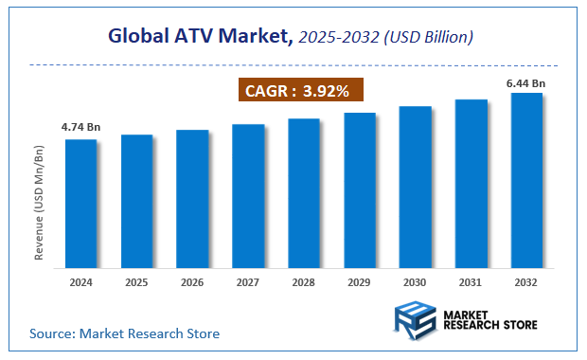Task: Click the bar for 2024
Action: coord(80,203)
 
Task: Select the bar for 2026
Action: coord(192,198)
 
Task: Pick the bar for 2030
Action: coord(415,187)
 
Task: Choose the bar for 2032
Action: coord(526,180)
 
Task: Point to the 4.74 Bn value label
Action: coord(80,125)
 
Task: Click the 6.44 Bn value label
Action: coord(526,83)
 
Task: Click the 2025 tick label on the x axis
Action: coord(136,282)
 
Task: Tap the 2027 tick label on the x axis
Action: coord(248,282)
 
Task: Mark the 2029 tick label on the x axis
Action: coord(359,282)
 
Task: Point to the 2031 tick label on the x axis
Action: coord(471,282)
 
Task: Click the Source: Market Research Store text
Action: coord(124,333)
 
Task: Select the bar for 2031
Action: coord(471,183)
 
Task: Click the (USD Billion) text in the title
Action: coord(427,38)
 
